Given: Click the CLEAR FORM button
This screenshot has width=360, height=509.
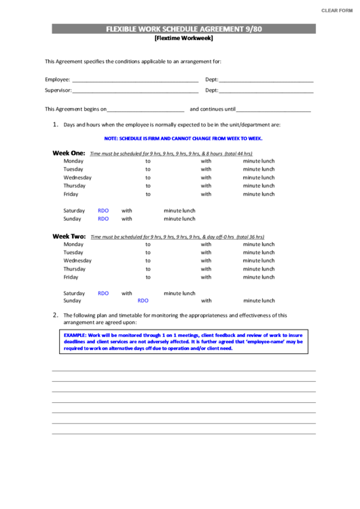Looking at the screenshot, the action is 336,11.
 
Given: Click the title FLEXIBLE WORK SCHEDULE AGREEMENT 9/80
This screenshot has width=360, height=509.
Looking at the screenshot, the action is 183,29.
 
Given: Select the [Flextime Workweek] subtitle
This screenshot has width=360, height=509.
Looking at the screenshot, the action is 183,39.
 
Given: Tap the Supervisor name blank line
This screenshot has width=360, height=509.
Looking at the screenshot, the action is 135,90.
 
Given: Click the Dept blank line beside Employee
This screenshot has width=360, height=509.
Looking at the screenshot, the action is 266,80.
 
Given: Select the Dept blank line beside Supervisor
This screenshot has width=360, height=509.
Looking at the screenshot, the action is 266,90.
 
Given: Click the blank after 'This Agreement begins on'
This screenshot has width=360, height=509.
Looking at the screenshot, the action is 146,109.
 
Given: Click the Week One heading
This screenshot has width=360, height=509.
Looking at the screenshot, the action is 69,153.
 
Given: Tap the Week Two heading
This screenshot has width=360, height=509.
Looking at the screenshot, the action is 69,236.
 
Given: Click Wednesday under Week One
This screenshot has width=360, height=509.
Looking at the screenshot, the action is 77,177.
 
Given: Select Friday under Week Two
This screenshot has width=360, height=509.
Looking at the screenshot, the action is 71,277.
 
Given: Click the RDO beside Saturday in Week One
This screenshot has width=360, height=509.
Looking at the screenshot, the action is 103,211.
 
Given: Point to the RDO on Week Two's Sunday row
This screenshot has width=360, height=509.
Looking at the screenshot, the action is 143,300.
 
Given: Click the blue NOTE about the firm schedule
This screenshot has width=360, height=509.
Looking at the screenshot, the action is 183,138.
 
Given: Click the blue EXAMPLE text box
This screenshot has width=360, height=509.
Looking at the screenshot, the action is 183,341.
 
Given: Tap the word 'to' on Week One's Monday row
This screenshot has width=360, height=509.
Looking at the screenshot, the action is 148,161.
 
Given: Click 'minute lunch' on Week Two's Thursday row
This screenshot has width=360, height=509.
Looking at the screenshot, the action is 259,269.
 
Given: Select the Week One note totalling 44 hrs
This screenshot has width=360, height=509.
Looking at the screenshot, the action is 170,154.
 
